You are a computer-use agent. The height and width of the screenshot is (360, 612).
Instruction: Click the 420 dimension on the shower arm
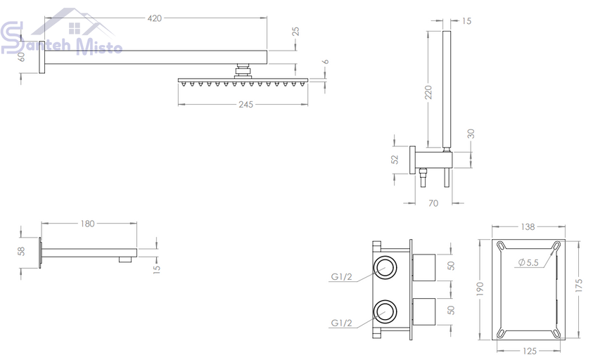pyautogui.click(x=155, y=18)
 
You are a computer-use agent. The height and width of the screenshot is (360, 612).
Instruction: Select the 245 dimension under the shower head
pyautogui.click(x=246, y=105)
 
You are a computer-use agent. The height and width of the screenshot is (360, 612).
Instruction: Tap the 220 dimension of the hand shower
pyautogui.click(x=428, y=92)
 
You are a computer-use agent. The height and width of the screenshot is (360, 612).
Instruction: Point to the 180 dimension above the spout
pyautogui.click(x=87, y=224)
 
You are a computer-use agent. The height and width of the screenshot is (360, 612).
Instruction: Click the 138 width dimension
pyautogui.click(x=528, y=226)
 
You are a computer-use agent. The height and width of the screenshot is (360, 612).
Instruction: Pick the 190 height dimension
pyautogui.click(x=480, y=289)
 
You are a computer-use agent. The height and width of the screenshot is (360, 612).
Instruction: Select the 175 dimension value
pyautogui.click(x=578, y=285)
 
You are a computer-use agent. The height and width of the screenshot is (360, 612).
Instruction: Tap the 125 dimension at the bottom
pyautogui.click(x=529, y=351)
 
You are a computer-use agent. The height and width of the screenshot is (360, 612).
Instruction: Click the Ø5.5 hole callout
pyautogui.click(x=528, y=263)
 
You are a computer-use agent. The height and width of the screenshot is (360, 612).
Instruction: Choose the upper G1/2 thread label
pyautogui.click(x=341, y=277)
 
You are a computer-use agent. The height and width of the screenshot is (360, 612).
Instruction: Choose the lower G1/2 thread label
pyautogui.click(x=341, y=323)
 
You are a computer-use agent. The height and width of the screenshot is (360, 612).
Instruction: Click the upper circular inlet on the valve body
pyautogui.click(x=385, y=268)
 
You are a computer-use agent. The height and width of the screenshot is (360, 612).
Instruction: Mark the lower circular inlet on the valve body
pyautogui.click(x=385, y=312)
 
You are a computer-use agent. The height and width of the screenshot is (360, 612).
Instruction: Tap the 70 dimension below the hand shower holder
pyautogui.click(x=433, y=203)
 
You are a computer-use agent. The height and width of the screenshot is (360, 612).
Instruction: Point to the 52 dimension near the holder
pyautogui.click(x=395, y=160)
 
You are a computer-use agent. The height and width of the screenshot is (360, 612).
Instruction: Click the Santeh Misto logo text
pyautogui.click(x=62, y=42)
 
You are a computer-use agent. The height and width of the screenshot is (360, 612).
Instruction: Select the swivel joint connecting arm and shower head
pyautogui.click(x=243, y=71)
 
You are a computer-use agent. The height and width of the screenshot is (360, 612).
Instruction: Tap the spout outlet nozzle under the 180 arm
pyautogui.click(x=125, y=259)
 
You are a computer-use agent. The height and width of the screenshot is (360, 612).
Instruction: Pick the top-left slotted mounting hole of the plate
pyautogui.click(x=501, y=245)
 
